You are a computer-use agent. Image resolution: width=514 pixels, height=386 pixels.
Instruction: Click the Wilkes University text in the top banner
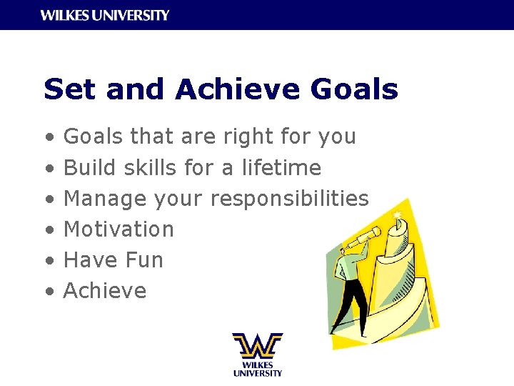point(105,15)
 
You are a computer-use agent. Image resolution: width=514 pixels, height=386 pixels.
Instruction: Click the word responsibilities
point(289,199)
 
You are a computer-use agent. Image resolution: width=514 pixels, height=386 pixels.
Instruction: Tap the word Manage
point(106,199)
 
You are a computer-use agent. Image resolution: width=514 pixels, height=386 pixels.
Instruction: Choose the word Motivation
point(119,229)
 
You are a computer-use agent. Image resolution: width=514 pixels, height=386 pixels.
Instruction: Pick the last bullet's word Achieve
point(105,291)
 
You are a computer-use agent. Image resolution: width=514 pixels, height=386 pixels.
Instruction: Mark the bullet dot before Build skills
point(48,169)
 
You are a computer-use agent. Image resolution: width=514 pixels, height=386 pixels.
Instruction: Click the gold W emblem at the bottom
point(257,346)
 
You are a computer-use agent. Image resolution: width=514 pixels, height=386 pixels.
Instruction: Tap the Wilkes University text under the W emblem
point(257,368)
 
